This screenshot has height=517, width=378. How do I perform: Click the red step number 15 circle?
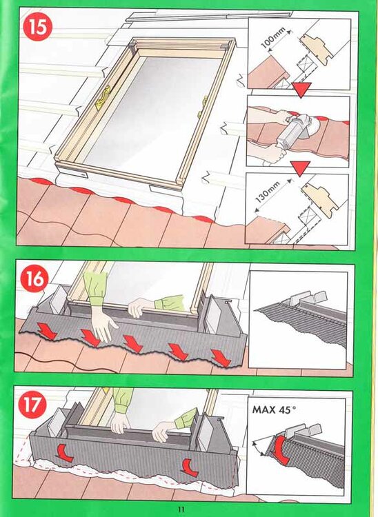[x=38, y=27]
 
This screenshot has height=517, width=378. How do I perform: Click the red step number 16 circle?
[x=34, y=278]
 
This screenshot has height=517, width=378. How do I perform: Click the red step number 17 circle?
[x=32, y=404]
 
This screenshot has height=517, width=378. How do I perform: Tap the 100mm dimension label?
[x=273, y=39]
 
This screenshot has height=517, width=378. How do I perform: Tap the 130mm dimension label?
[x=268, y=192]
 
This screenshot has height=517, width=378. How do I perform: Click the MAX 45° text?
[x=274, y=410]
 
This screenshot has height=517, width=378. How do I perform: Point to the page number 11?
[x=181, y=509]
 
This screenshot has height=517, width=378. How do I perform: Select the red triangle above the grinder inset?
[x=301, y=90]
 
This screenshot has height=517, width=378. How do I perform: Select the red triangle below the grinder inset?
[x=301, y=168]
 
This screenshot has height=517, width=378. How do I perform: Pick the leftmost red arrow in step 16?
[x=48, y=331]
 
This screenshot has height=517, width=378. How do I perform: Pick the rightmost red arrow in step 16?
[x=221, y=358]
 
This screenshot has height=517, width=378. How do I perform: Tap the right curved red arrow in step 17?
[x=190, y=467]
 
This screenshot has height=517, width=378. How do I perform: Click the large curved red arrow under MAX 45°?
[x=281, y=450]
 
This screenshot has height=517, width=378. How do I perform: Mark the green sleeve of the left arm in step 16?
[x=96, y=288]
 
